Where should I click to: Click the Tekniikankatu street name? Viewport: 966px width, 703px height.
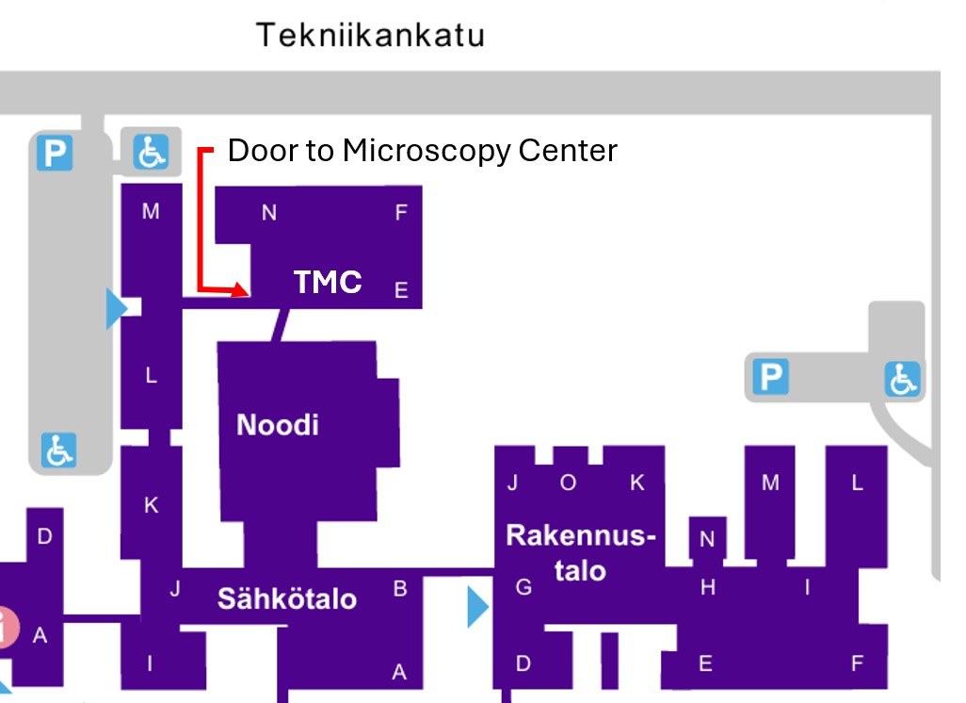[371, 36]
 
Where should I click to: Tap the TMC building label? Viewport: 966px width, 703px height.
[328, 282]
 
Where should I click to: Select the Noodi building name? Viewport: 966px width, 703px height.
[278, 425]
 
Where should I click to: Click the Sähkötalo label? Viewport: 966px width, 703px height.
[287, 598]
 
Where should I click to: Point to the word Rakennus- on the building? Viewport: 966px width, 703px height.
[580, 535]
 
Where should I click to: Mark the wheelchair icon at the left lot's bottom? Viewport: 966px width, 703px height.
[58, 450]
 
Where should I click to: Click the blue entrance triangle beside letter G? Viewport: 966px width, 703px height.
[477, 608]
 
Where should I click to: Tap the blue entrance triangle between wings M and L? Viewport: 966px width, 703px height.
[116, 309]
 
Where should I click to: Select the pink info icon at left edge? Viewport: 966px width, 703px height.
[7, 628]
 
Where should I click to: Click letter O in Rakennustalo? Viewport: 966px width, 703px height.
[568, 483]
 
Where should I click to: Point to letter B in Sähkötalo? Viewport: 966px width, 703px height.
[400, 590]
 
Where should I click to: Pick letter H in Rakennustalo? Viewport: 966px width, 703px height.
[708, 588]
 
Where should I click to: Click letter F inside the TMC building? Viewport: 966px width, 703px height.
[401, 213]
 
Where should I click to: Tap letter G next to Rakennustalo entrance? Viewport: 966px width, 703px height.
[523, 588]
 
